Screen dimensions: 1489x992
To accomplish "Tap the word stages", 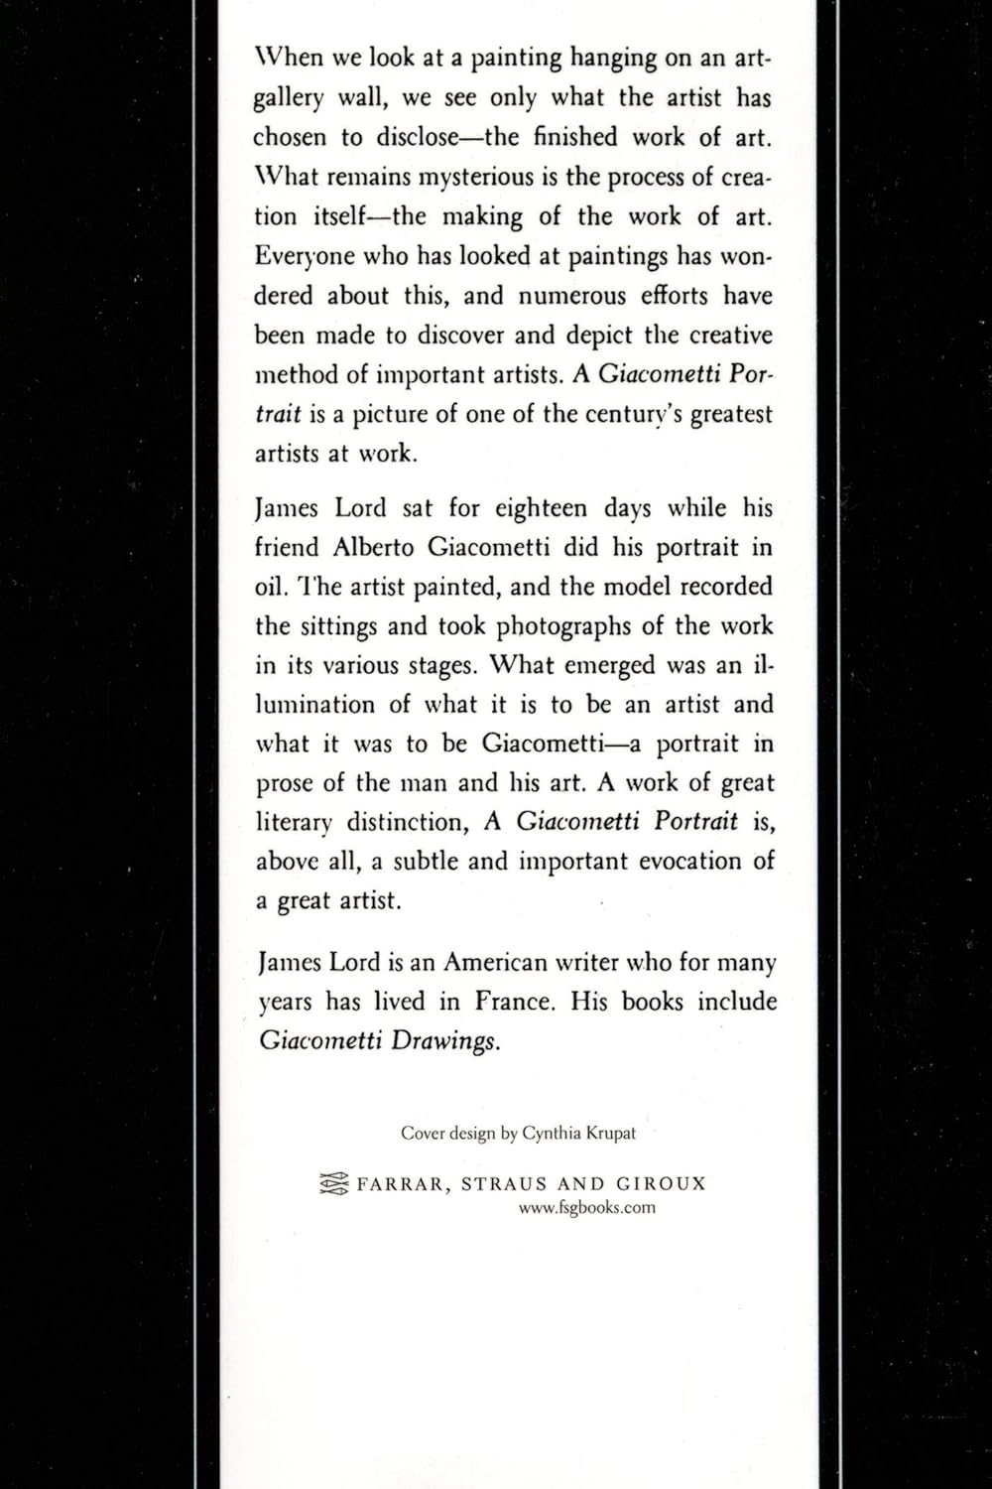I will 443,666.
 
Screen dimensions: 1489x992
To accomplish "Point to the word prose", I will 286,783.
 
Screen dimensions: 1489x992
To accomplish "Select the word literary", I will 293,822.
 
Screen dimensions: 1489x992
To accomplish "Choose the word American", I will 493,963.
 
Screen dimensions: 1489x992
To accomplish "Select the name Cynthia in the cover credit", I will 552,1133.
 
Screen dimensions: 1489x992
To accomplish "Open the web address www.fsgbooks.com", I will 586,1208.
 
